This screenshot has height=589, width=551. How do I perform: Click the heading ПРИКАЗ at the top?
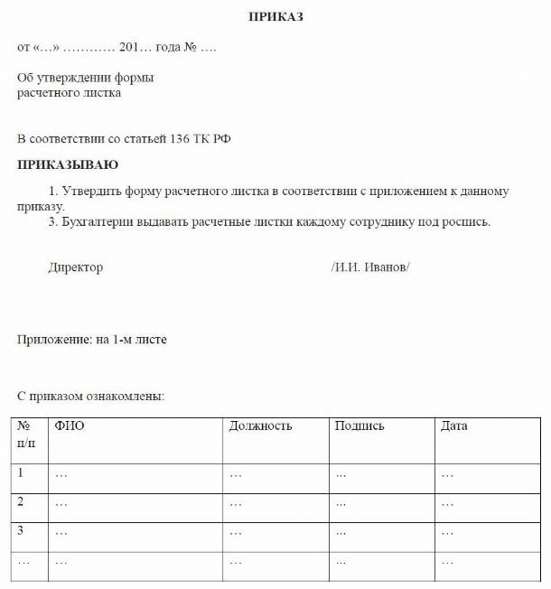[x=275, y=17]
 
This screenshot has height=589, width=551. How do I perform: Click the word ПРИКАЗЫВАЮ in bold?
[x=68, y=165]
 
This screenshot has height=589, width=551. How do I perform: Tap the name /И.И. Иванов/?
[x=370, y=267]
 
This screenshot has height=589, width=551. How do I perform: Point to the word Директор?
[x=76, y=267]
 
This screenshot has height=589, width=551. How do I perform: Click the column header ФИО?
[x=70, y=426]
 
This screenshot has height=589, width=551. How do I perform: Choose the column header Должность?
[x=261, y=426]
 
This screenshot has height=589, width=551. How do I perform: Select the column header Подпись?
[x=360, y=426]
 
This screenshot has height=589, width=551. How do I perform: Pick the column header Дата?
[x=453, y=426]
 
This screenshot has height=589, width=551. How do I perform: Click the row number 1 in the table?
[x=21, y=472]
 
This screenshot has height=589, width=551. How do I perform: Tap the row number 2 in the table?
[x=21, y=501]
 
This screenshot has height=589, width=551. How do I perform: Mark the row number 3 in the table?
[x=21, y=530]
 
